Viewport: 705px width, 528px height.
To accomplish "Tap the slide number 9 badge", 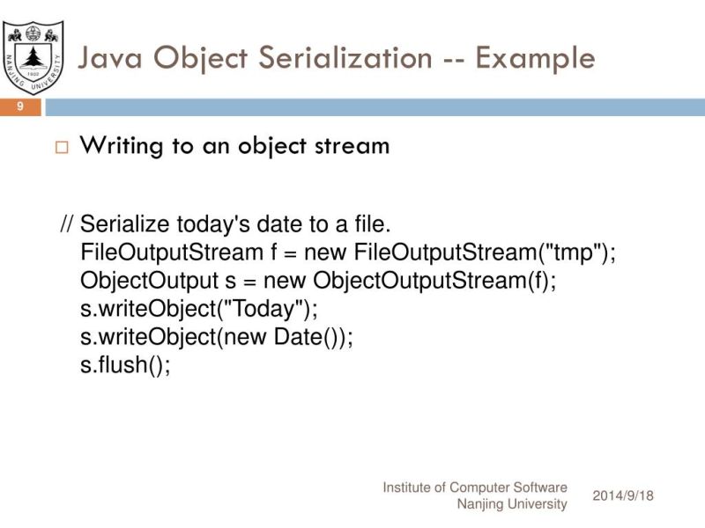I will coord(19,107).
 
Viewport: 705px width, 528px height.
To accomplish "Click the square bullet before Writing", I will coord(61,147).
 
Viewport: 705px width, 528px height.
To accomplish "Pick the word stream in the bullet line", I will coord(352,146).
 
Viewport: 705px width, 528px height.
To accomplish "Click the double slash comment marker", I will coord(66,224).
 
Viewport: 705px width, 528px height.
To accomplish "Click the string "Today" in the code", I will coord(263,309).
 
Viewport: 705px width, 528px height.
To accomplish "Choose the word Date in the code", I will coord(295,337).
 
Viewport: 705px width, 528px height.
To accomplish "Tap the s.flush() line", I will coord(124,365).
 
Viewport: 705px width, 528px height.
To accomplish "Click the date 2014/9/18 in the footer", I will coord(624,495).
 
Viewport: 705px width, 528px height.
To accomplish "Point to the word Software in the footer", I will coord(540,488).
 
